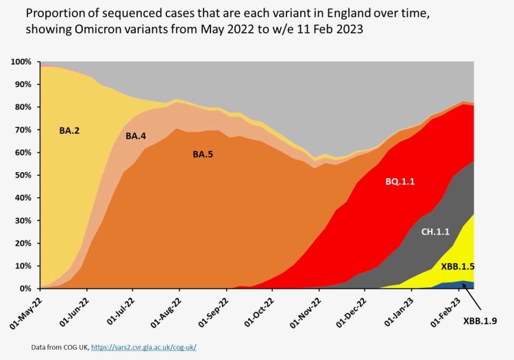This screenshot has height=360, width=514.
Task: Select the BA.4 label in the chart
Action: pyautogui.click(x=138, y=136)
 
